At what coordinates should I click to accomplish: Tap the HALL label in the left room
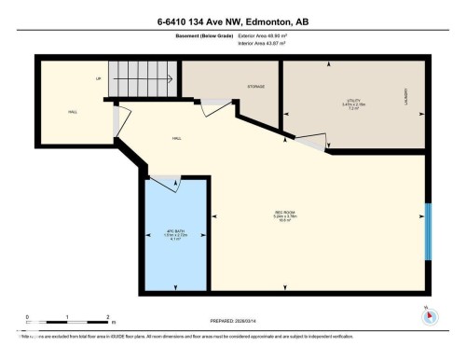click(x=72, y=113)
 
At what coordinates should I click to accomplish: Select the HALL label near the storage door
click(x=176, y=138)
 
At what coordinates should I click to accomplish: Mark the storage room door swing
click(x=216, y=107)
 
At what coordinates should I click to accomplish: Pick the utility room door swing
click(x=311, y=142)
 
